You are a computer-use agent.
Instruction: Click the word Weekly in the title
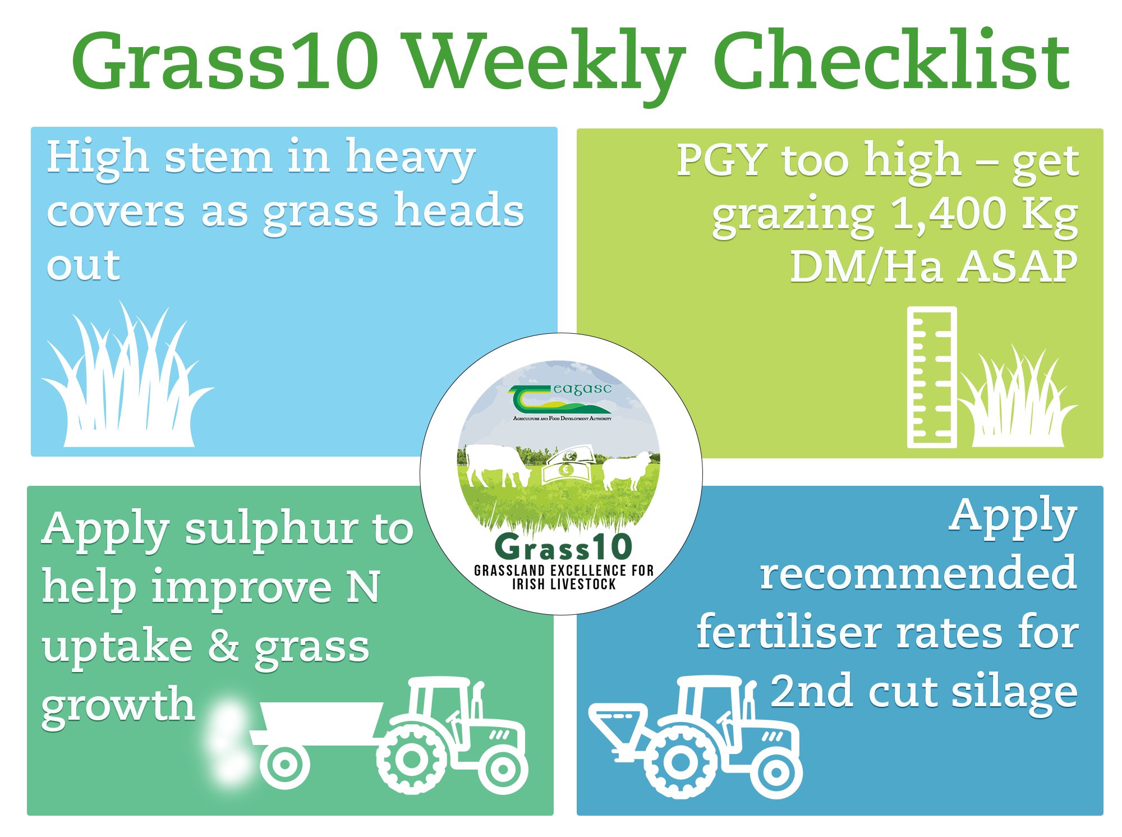pos(544,62)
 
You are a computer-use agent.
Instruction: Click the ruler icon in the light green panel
pos(931,377)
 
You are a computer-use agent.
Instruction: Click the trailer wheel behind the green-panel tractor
pos(284,764)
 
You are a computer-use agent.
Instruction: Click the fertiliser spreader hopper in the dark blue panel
pos(617,721)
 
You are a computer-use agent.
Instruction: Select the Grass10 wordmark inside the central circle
pos(563,547)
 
